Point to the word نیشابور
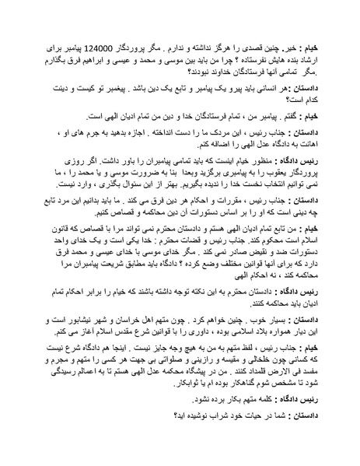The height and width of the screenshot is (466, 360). click(86, 340)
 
